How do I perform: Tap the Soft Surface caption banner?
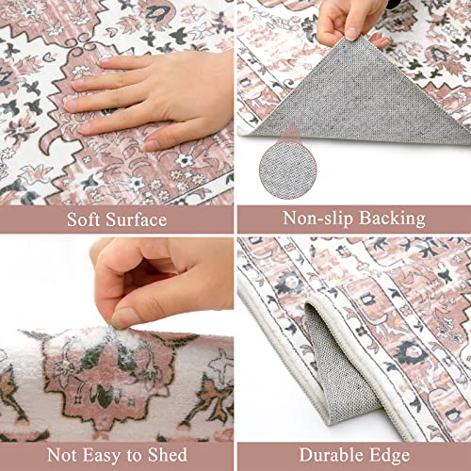pos(116,219)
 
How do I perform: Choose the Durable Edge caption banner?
pos(353,455)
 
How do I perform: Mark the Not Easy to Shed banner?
pos(116,455)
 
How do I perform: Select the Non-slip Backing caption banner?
pos(353,219)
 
